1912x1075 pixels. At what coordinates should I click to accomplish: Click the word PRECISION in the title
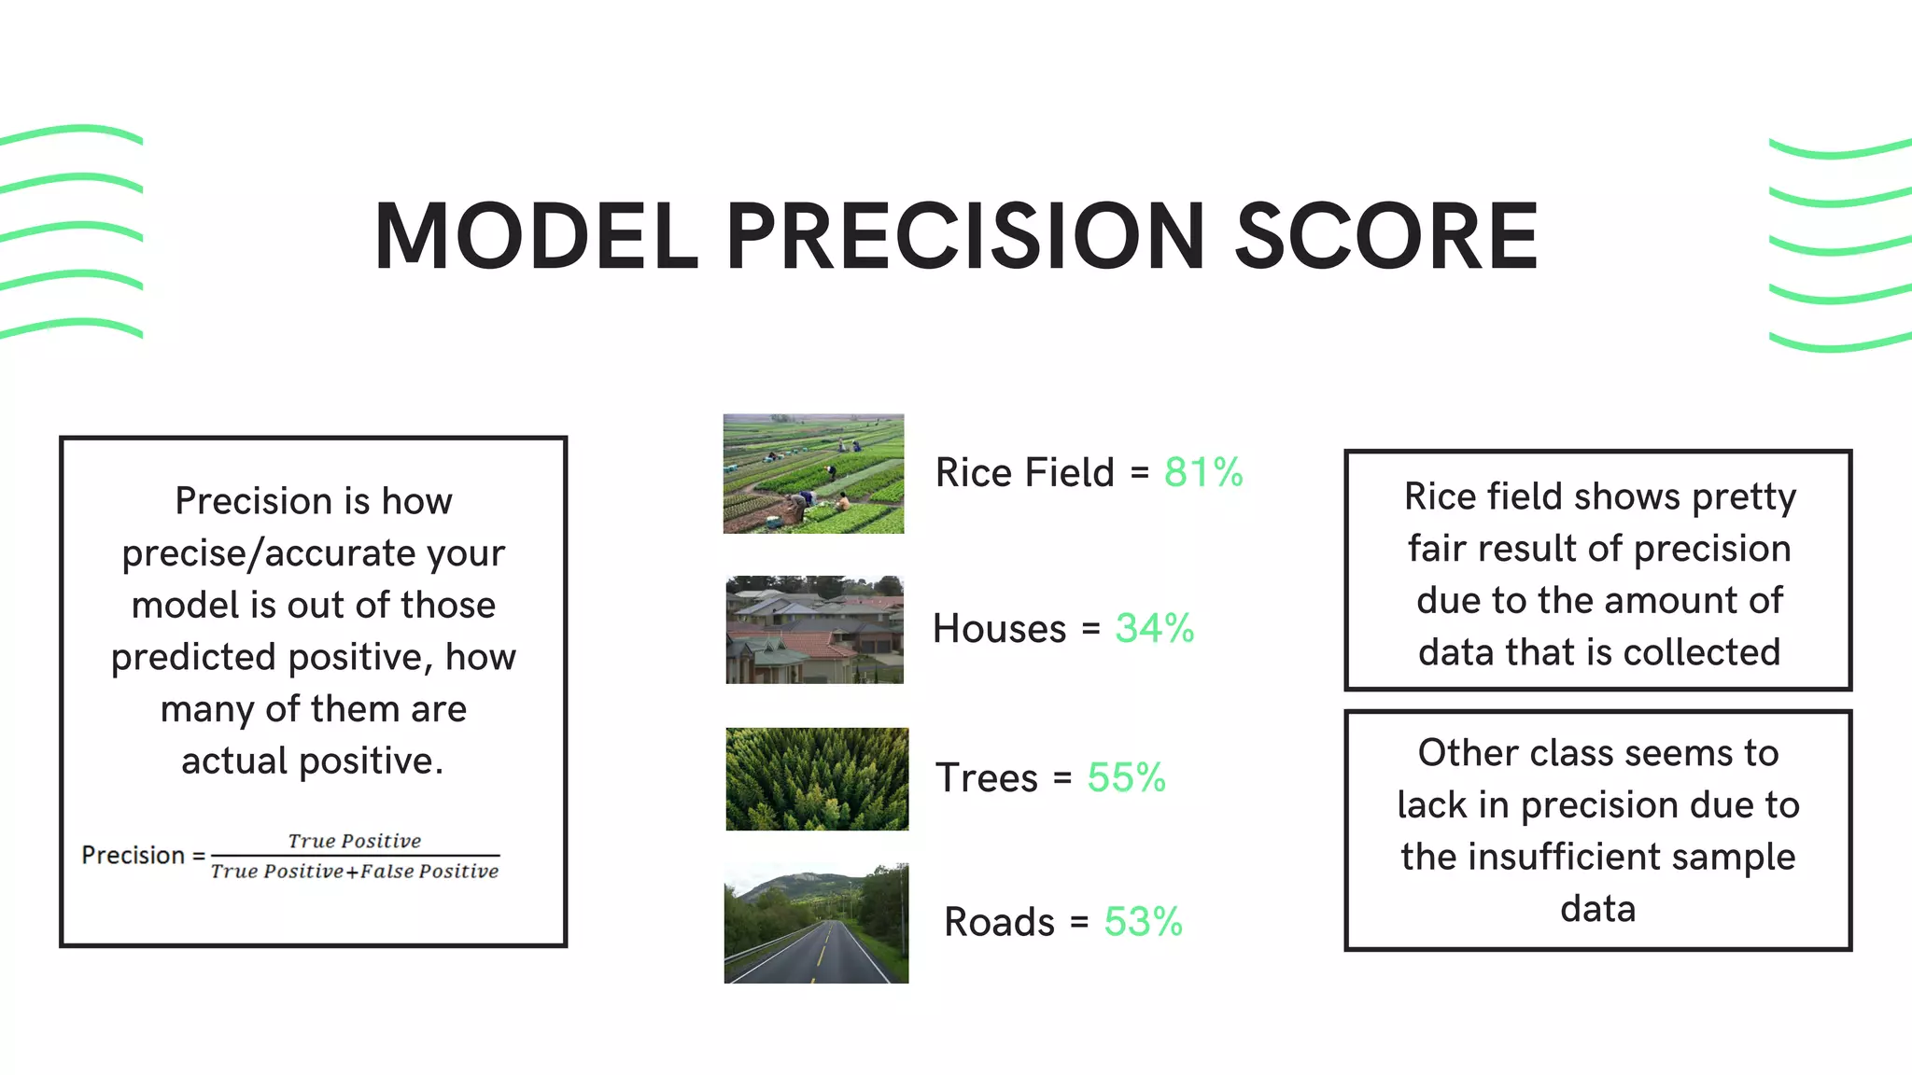(x=965, y=237)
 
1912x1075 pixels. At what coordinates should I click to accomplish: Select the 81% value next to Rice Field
(x=1202, y=472)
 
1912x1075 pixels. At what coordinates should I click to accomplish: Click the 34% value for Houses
(x=1154, y=628)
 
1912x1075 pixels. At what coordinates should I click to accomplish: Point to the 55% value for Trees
(x=1126, y=777)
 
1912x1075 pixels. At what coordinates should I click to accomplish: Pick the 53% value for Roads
(x=1143, y=922)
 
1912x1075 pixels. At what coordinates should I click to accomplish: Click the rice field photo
(x=813, y=474)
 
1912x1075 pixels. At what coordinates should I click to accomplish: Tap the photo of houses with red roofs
(x=814, y=630)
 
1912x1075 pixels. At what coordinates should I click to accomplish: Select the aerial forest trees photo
(x=817, y=779)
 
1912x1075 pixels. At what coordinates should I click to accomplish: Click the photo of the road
(x=816, y=923)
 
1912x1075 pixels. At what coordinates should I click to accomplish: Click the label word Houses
(x=999, y=629)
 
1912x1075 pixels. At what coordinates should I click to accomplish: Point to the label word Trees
(x=987, y=778)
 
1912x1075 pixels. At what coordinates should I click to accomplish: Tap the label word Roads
(x=999, y=923)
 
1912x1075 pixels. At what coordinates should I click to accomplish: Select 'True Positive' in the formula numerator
(x=354, y=841)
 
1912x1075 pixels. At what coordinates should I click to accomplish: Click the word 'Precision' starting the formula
(x=133, y=856)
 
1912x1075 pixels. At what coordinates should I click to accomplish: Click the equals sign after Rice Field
(x=1139, y=473)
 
